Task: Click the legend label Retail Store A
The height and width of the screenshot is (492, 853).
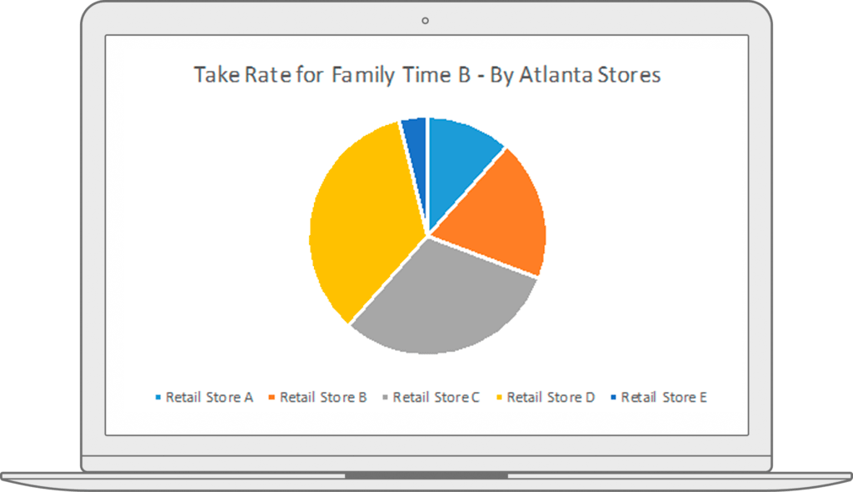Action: tap(209, 398)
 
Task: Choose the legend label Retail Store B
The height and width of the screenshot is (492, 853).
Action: tap(323, 398)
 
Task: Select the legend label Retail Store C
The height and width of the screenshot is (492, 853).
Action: tap(436, 398)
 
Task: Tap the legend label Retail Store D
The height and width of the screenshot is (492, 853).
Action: tap(551, 398)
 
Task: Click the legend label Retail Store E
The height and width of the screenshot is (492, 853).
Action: tap(664, 398)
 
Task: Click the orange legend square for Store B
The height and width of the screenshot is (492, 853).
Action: tap(272, 397)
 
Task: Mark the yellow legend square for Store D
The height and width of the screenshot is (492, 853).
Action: tap(499, 397)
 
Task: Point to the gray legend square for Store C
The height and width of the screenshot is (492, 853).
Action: tap(385, 397)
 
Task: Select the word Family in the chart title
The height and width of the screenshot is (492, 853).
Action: tap(363, 76)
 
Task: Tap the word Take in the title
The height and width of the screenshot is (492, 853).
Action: tap(217, 75)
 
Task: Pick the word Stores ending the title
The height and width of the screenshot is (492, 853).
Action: tap(630, 75)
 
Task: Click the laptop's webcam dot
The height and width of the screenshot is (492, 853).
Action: tap(425, 21)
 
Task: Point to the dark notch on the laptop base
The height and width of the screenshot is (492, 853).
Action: tap(426, 476)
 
